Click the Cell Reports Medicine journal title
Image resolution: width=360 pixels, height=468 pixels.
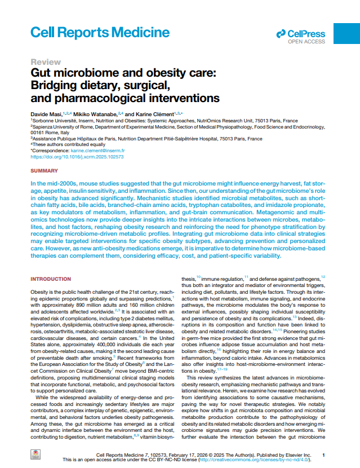(100, 32)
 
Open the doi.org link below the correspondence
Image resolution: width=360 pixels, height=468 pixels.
(77, 157)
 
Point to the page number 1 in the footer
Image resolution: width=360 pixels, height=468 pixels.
(323, 454)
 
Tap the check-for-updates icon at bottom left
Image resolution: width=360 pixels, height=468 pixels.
(35, 456)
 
